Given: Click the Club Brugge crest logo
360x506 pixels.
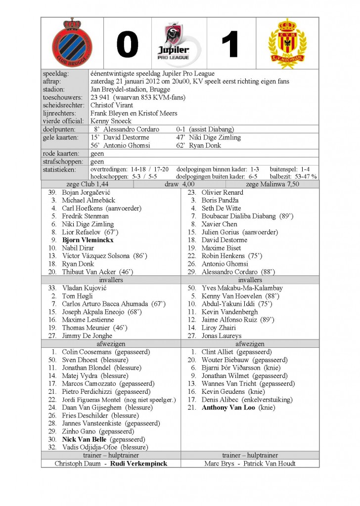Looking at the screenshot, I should coord(72,43).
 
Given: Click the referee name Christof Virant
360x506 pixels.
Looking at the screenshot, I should coord(112,105).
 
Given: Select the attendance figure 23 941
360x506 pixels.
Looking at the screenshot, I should coord(100,97).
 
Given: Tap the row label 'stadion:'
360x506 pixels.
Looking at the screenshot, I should coord(54,89).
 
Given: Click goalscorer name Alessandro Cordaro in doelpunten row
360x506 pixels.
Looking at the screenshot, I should coord(131,129).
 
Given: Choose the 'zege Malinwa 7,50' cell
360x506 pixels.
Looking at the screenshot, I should coord(272,184).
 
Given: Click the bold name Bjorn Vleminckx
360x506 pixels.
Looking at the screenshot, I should coord(88,240).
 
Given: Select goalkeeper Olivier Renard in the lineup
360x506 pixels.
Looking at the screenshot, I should coord(223,193).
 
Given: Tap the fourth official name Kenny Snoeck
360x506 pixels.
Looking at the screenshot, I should coord(111,121).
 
